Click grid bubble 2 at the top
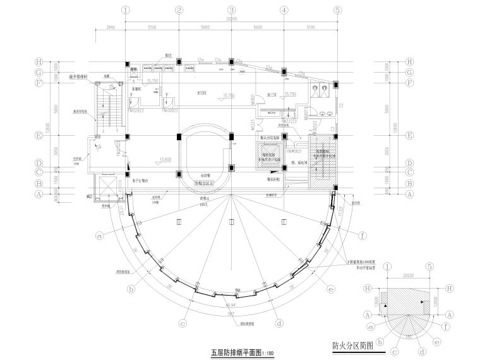[179, 10]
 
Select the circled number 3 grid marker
[232, 10]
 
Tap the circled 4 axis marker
[284, 10]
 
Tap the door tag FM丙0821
[295, 152]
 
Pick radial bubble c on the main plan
[183, 324]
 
